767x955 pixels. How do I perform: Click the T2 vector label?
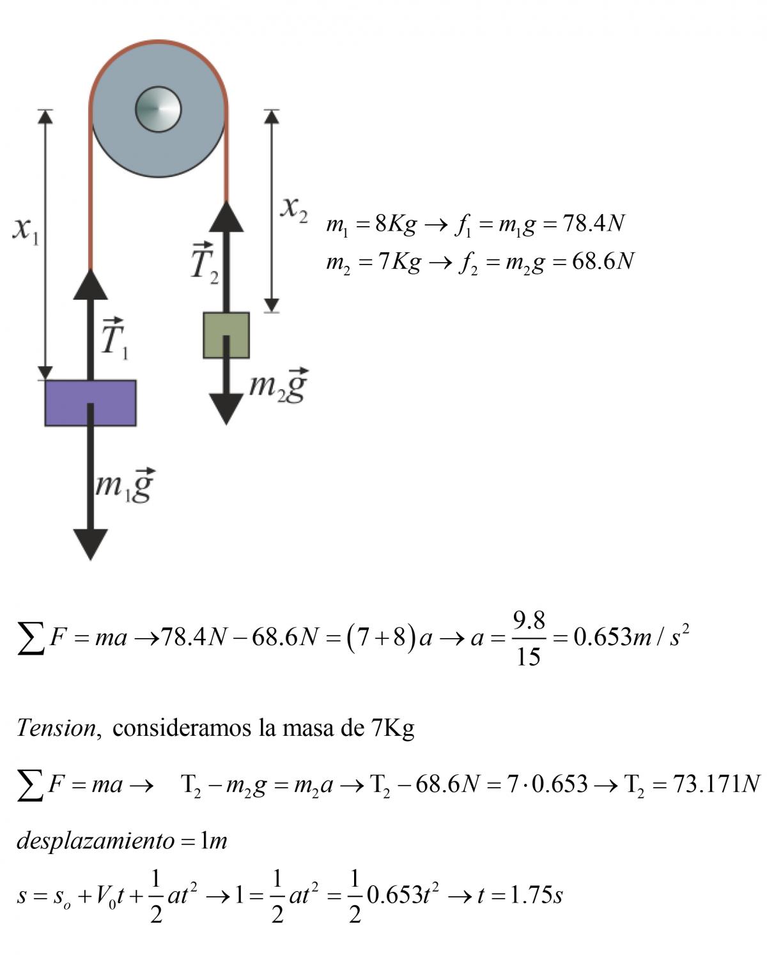(205, 263)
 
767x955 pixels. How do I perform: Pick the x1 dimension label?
(26, 229)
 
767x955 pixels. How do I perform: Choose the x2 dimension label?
(293, 208)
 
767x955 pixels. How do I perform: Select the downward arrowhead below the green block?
(226, 409)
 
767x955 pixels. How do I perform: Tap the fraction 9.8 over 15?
(529, 638)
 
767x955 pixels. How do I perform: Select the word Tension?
(56, 728)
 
